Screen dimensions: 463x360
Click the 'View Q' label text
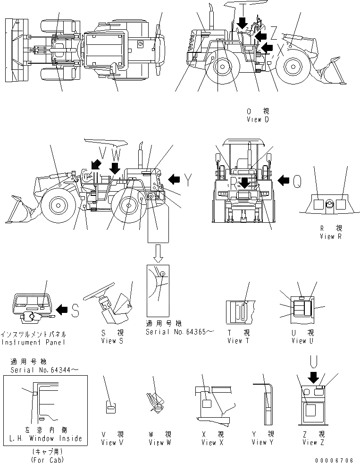point(257,119)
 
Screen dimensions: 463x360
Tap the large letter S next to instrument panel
point(75,309)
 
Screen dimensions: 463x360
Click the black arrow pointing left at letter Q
point(284,180)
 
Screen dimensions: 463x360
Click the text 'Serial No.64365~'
point(179,332)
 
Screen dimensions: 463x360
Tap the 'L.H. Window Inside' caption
point(45,438)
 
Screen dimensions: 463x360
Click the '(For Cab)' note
point(45,459)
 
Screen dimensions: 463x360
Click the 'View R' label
point(330,236)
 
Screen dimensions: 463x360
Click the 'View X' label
point(209,442)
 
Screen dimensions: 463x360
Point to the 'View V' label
point(112,442)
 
